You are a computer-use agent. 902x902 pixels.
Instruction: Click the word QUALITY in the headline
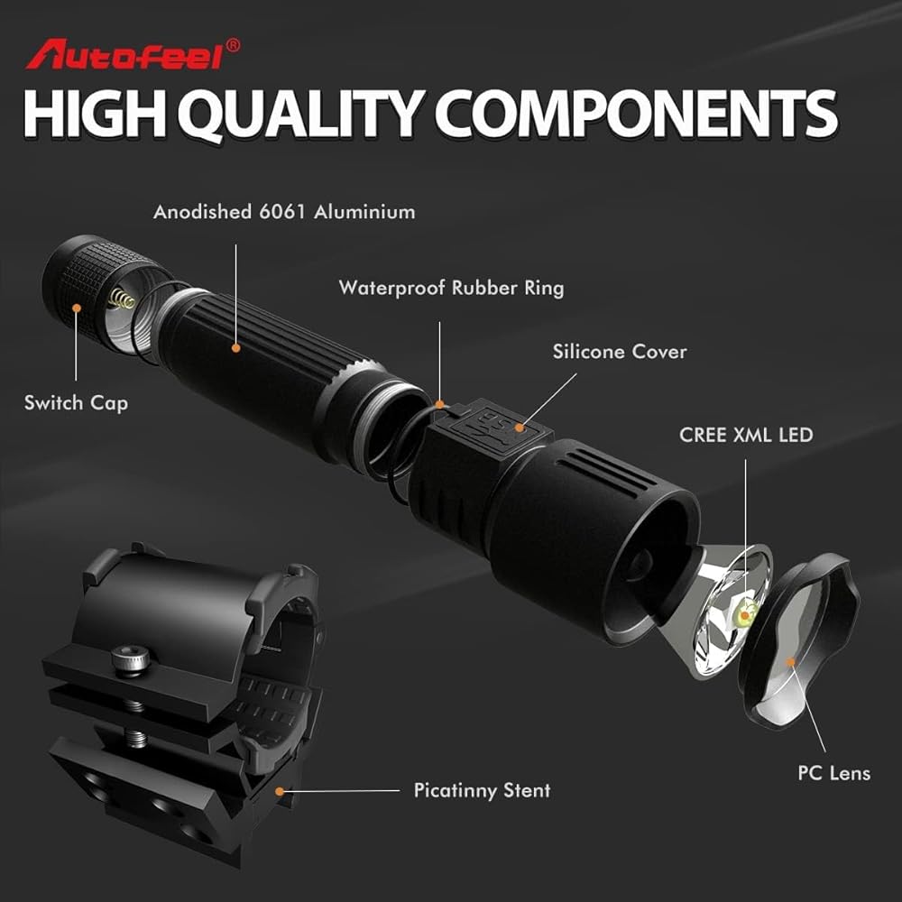tap(302, 115)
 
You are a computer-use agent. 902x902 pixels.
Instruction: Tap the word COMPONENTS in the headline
tap(639, 115)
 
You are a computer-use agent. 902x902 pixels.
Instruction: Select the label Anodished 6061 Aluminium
tap(284, 213)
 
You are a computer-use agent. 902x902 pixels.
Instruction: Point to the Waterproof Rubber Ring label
tap(451, 289)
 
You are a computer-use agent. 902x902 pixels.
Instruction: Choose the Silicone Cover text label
tap(620, 352)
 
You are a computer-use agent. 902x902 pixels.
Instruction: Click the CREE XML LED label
tap(746, 435)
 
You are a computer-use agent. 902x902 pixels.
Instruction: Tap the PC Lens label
tap(834, 773)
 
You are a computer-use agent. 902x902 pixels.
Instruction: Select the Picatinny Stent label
tap(482, 791)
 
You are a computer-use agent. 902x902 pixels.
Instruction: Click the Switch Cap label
tap(76, 402)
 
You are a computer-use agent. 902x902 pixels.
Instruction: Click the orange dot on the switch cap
tap(77, 308)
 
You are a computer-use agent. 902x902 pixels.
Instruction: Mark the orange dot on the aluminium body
tap(236, 346)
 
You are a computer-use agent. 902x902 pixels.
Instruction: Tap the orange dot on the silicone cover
tap(520, 428)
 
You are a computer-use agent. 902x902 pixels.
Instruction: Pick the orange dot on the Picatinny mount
tap(281, 791)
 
